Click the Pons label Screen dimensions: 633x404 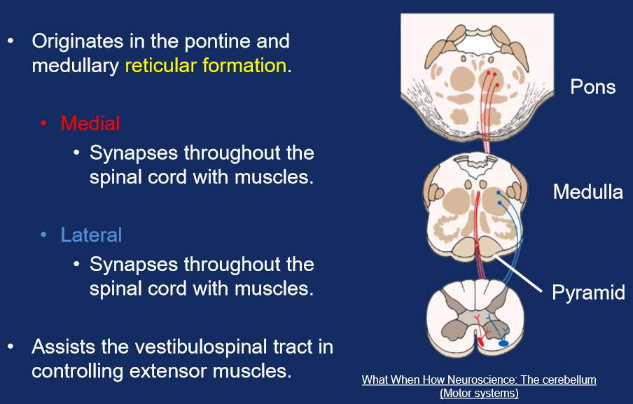click(592, 87)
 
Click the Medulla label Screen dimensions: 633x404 click(587, 191)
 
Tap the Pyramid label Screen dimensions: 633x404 click(588, 292)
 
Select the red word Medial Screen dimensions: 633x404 click(90, 123)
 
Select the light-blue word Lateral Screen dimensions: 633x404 click(91, 235)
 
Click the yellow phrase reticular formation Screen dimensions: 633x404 click(206, 67)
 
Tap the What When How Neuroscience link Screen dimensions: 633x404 click(479, 380)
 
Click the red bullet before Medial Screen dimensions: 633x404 click(44, 124)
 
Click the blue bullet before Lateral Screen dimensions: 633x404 click(44, 235)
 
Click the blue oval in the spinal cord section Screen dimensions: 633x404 click(503, 344)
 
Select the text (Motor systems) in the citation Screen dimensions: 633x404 click(479, 393)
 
